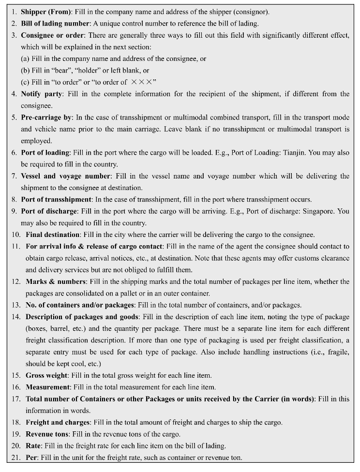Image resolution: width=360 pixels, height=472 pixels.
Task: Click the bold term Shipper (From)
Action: (46, 12)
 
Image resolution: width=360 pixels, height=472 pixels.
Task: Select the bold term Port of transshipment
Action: (56, 200)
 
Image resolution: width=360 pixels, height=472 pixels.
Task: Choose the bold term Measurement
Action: (48, 387)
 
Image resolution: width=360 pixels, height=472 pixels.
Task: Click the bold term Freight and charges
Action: (58, 422)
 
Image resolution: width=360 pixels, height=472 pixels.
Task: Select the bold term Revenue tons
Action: (48, 434)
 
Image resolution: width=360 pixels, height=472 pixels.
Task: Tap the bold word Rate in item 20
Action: (33, 446)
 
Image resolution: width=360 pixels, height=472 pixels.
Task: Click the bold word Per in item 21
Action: (31, 457)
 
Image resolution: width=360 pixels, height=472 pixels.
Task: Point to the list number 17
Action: (16, 399)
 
